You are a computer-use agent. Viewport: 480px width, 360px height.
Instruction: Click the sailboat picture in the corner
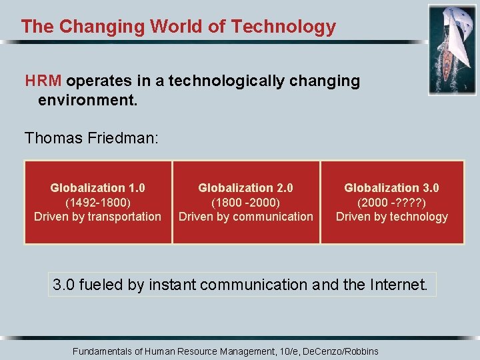click(451, 49)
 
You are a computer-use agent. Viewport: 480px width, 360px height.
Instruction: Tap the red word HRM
click(43, 81)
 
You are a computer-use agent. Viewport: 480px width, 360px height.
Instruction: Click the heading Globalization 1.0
click(97, 188)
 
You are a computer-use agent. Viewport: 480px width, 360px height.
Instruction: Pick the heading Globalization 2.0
click(245, 188)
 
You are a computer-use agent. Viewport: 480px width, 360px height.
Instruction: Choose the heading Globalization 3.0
click(391, 188)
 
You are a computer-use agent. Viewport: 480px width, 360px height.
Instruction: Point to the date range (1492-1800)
click(97, 202)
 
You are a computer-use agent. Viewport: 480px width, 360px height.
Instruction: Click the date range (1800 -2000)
click(245, 202)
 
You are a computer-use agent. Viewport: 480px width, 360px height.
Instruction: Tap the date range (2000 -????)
click(391, 202)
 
